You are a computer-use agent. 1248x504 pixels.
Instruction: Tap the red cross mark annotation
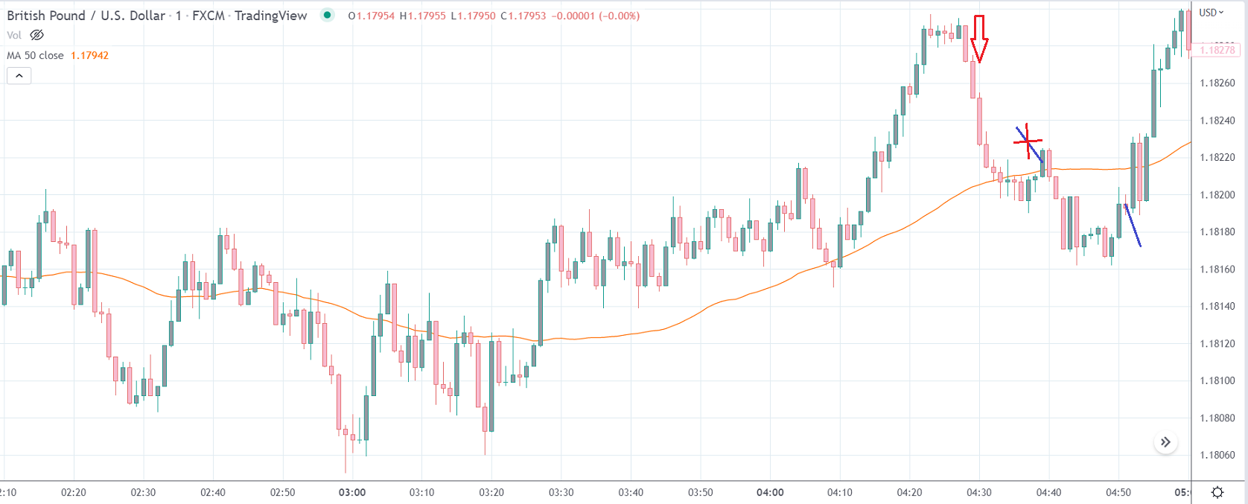(x=1028, y=139)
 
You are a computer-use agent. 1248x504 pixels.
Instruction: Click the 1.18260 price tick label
(x=1217, y=83)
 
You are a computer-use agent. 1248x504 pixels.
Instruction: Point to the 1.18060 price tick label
(x=1217, y=455)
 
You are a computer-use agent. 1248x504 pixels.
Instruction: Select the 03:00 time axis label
(x=352, y=492)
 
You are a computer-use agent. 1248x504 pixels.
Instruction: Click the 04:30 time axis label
(x=979, y=492)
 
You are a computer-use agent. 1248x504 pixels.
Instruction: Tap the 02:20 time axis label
(x=73, y=492)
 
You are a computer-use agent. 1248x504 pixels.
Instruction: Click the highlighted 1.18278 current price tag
(x=1217, y=50)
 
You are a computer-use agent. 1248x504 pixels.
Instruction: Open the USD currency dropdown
(x=1211, y=13)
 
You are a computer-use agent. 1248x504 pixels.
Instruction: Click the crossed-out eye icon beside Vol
(x=36, y=35)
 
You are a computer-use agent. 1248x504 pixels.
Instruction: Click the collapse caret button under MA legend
(x=19, y=75)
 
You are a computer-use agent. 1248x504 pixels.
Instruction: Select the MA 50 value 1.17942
(x=89, y=55)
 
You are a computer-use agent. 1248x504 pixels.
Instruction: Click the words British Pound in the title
(x=45, y=16)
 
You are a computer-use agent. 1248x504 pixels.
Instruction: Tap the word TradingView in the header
(x=270, y=16)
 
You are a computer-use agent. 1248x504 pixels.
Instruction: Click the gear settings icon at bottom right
(x=1217, y=492)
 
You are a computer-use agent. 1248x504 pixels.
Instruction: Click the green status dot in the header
(x=327, y=15)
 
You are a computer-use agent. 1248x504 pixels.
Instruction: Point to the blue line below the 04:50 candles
(x=1133, y=226)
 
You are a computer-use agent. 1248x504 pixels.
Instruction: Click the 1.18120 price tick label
(x=1217, y=343)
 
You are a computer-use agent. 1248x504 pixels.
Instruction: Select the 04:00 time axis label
(x=770, y=492)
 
